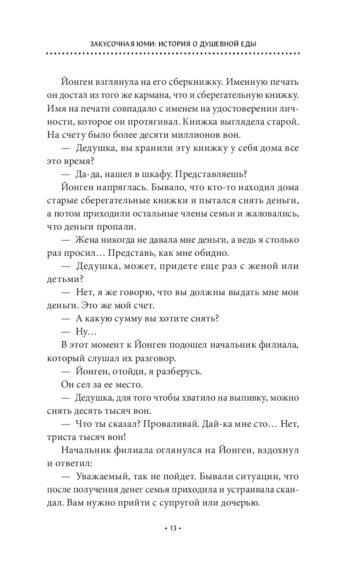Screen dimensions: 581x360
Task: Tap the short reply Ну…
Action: coord(85,332)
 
